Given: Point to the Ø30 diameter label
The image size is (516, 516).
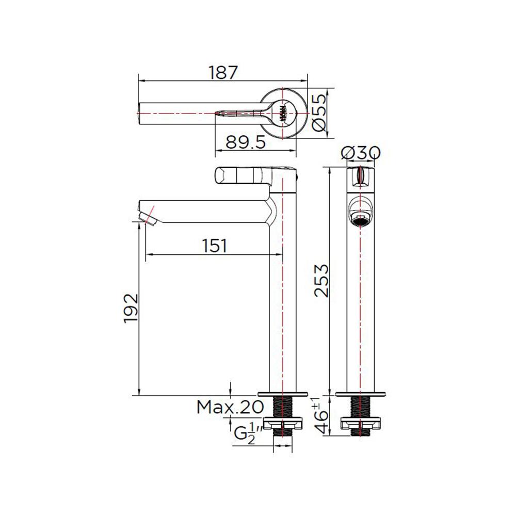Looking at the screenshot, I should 361,153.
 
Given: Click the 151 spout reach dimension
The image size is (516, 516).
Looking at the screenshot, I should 214,246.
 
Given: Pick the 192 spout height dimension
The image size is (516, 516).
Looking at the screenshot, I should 131,309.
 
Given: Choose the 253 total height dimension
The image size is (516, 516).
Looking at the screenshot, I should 320,280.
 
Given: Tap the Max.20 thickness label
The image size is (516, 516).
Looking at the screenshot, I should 230,408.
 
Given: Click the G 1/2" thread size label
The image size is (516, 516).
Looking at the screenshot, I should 247,433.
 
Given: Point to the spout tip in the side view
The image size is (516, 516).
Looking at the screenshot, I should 148,214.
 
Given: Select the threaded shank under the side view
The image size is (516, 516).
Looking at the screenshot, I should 283,407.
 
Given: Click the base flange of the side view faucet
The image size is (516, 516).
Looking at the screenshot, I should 283,393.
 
